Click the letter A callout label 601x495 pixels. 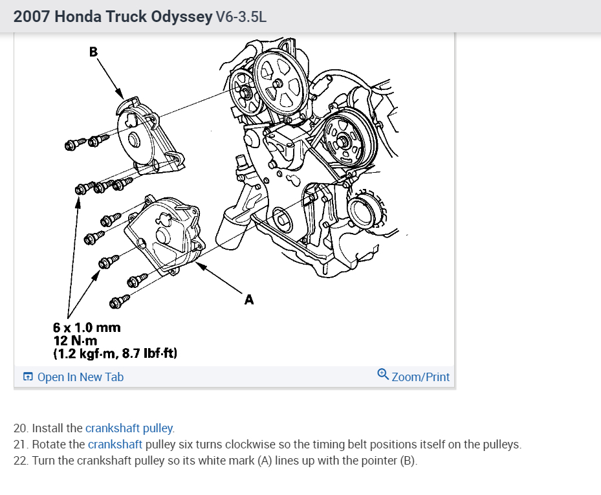249,300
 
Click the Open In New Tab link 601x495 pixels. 80,377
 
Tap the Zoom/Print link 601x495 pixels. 421,377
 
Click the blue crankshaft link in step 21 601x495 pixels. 115,445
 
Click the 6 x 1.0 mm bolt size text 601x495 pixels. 87,327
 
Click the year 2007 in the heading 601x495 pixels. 32,17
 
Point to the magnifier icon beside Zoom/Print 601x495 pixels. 383,375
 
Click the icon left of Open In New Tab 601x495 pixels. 28,377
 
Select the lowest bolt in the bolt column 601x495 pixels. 120,301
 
